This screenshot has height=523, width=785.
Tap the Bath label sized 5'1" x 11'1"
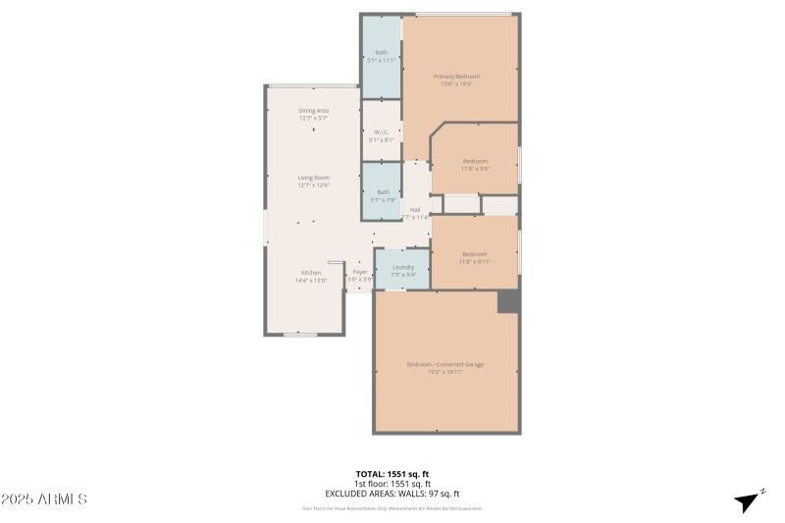click(381, 52)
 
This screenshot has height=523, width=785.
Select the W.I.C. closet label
click(381, 132)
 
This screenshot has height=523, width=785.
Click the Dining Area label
click(313, 111)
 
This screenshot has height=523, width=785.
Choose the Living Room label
click(313, 178)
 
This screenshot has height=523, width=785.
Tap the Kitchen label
click(311, 272)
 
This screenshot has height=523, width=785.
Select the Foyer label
click(360, 272)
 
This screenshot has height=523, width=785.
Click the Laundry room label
click(403, 267)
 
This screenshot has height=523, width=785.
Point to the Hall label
click(415, 210)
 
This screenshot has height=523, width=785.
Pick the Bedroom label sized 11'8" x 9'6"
click(475, 160)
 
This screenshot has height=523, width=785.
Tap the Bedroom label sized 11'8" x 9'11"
click(475, 254)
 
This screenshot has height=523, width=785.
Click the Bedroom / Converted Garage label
click(445, 364)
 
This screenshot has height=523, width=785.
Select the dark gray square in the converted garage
click(507, 302)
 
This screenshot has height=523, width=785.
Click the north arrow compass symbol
click(749, 501)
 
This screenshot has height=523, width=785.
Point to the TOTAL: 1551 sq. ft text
click(392, 474)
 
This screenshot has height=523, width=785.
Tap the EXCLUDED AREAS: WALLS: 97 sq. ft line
click(392, 494)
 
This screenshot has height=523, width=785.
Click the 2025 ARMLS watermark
click(44, 499)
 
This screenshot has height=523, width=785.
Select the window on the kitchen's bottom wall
click(299, 335)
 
